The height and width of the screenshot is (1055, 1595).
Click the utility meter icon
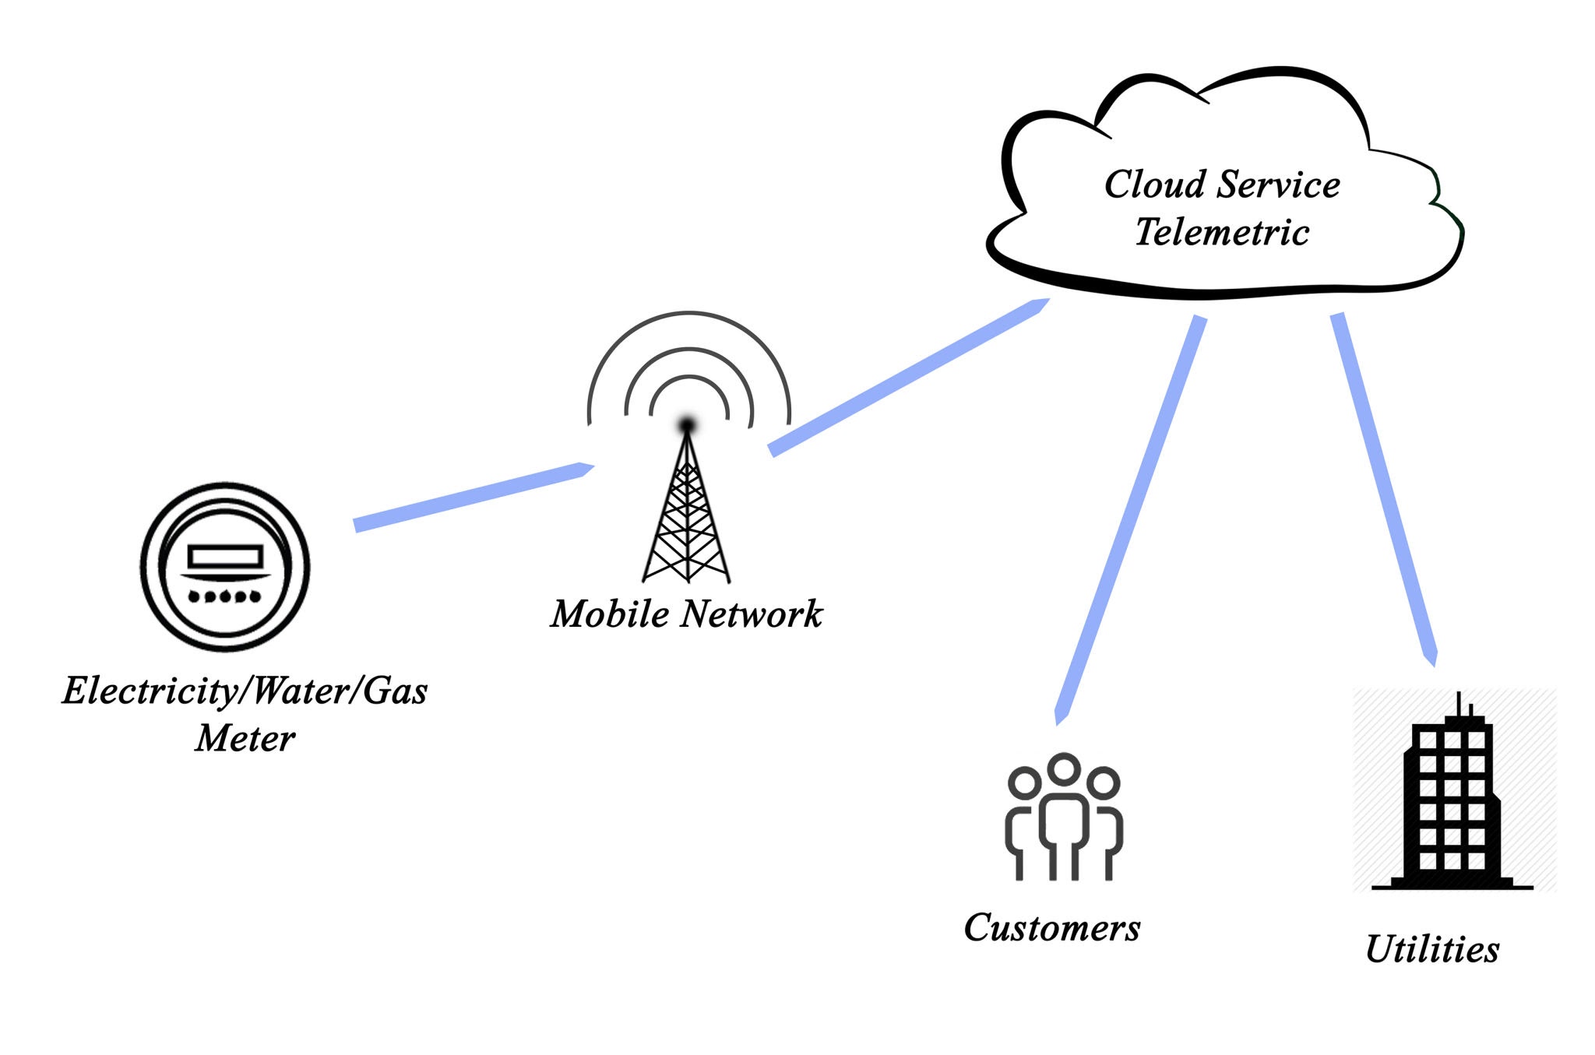tap(225, 567)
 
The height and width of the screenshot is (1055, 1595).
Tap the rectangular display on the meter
tap(225, 556)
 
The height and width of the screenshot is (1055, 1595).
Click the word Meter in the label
tap(245, 738)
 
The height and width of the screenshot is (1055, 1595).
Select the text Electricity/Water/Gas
tap(245, 691)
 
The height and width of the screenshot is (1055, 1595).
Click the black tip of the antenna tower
tap(687, 424)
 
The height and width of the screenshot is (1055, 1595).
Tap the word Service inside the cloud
tap(1279, 185)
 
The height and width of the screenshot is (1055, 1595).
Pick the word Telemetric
tap(1221, 232)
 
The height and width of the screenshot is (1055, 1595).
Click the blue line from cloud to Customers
tap(1129, 518)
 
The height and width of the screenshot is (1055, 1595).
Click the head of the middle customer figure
tap(1064, 768)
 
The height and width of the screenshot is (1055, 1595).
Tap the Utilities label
tap(1431, 949)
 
